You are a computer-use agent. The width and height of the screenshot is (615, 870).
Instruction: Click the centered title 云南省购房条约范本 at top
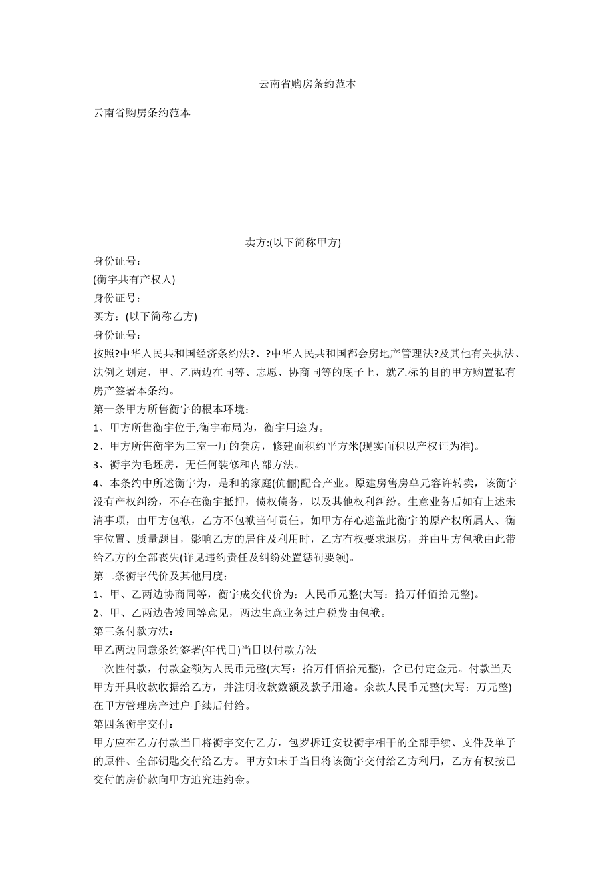[307, 84]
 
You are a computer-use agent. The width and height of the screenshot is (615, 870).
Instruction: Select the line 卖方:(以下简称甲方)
[293, 243]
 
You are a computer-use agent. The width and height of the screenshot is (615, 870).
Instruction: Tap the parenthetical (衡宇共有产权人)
[134, 279]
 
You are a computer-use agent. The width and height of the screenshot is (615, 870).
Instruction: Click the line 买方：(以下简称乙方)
[145, 316]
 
